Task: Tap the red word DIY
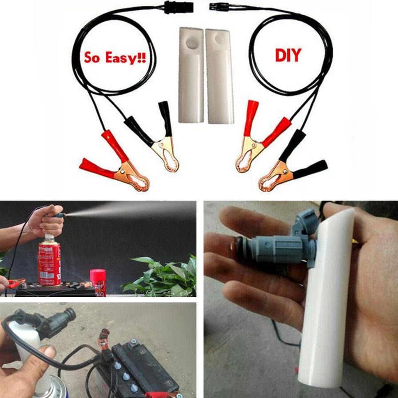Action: (288, 56)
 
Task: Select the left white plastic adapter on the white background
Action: (191, 76)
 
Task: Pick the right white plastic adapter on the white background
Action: (219, 76)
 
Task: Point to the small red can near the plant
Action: (98, 282)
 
